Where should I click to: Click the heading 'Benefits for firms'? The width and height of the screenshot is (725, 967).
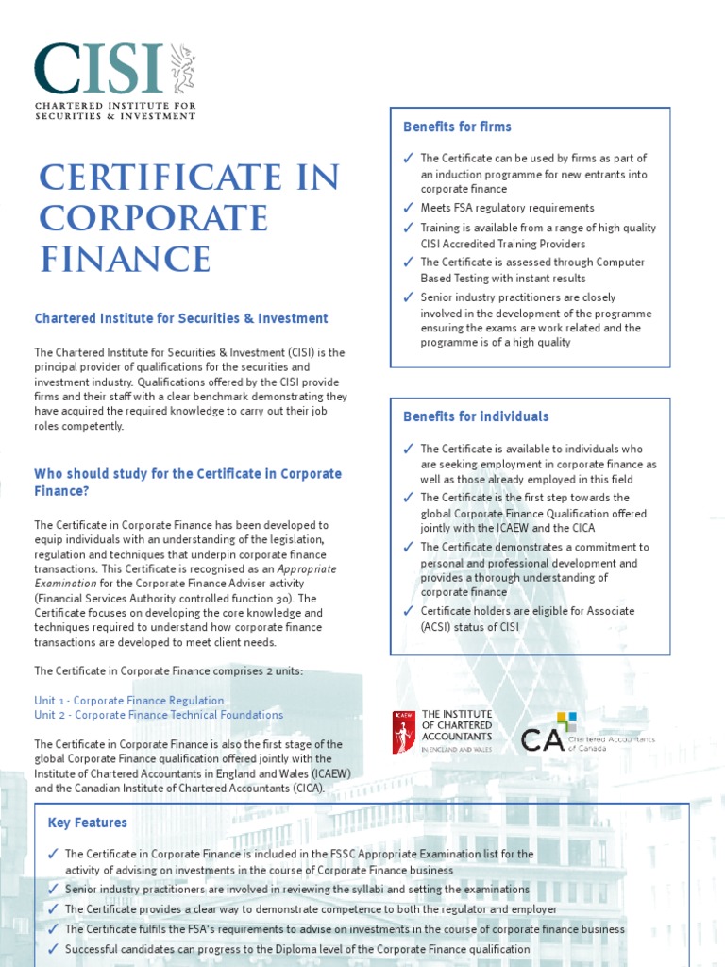[457, 127]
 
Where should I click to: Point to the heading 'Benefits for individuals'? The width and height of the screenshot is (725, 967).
[475, 416]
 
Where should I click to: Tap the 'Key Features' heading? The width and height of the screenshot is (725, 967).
[87, 823]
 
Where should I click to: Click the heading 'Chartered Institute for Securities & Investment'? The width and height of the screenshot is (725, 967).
[181, 318]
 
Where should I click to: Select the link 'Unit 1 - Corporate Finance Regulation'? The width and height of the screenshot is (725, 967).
[129, 701]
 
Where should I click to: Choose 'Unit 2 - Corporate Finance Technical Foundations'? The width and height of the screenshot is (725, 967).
[159, 715]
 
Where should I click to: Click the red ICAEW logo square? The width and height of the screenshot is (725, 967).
[403, 732]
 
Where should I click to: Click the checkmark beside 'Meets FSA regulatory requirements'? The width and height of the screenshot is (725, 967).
[407, 208]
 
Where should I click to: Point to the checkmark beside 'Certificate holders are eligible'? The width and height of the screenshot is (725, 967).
[407, 611]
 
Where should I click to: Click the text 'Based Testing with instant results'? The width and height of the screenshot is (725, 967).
[503, 279]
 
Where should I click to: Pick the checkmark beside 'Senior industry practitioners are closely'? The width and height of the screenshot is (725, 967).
[407, 297]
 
